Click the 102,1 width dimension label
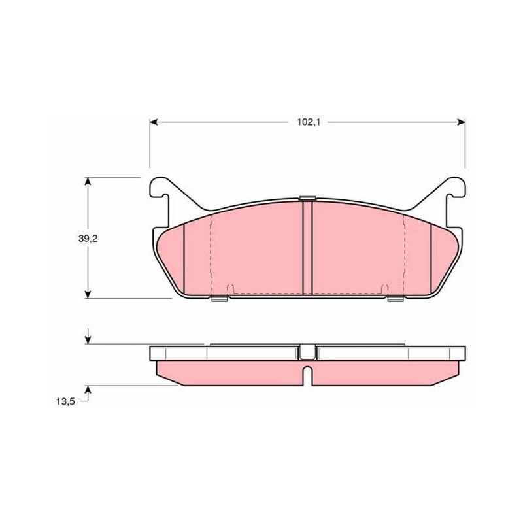309,122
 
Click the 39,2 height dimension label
88,239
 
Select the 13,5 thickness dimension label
65,401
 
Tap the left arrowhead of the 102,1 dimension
154,122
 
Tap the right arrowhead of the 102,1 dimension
462,122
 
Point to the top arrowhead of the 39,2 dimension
88,181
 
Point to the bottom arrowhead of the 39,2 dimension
88,294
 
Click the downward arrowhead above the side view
88,340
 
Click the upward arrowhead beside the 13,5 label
88,390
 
